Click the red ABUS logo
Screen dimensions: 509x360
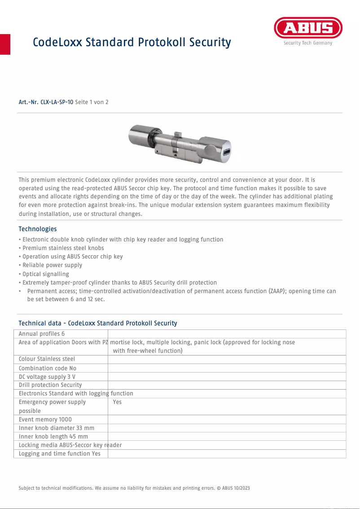click(308, 28)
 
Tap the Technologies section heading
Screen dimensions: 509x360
click(38, 229)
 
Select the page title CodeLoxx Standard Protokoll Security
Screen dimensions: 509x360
click(132, 43)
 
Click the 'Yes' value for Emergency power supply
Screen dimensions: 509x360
click(117, 402)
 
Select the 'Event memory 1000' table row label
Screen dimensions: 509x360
click(45, 420)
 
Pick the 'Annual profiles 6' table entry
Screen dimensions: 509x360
click(42, 334)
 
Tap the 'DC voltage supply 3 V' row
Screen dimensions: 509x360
click(47, 377)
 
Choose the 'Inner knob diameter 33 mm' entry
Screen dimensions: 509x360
click(57, 428)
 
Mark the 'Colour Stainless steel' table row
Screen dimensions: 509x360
click(47, 359)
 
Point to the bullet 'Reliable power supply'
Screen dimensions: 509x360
click(52, 265)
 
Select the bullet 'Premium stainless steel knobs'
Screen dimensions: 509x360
click(63, 248)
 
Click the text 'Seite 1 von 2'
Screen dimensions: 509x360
click(92, 102)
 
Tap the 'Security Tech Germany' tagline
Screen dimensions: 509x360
click(308, 44)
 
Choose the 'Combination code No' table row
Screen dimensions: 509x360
click(48, 368)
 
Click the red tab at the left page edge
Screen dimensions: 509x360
click(5, 44)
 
